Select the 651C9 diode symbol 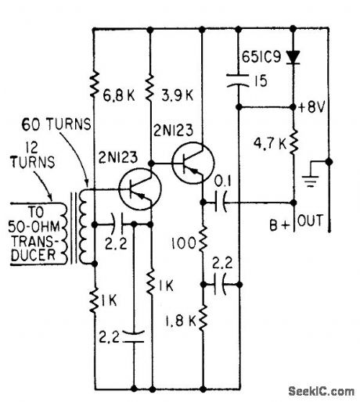[293, 56]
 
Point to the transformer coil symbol [82, 227]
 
